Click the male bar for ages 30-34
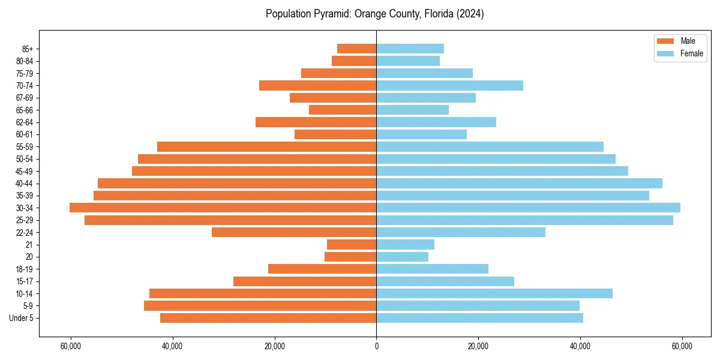click(223, 208)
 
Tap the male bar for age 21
click(352, 244)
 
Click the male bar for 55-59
click(266, 146)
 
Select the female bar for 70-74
click(449, 85)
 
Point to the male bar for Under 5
click(268, 318)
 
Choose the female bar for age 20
click(402, 257)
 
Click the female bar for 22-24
click(461, 232)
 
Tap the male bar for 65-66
click(343, 110)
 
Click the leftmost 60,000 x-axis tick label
click(71, 346)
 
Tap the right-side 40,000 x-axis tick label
click(580, 346)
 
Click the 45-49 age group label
click(24, 171)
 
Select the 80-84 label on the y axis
click(24, 61)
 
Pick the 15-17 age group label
click(24, 281)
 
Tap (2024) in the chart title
click(469, 14)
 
